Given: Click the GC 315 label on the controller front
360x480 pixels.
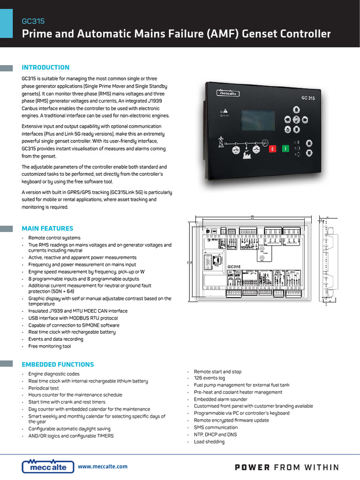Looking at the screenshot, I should [307, 98].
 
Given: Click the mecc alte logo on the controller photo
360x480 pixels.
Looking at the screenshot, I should [229, 93].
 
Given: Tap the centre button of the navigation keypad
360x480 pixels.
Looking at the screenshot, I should [296, 119].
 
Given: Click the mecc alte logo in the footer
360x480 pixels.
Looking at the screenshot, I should [48, 466].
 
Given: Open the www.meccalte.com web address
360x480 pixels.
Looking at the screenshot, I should [103, 466].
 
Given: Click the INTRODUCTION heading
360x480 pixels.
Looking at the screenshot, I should [45, 67].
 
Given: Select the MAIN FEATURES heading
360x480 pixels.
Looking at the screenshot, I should [47, 229].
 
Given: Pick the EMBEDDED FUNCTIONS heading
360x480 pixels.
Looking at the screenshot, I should [58, 365].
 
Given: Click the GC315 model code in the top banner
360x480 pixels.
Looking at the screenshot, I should [33, 21].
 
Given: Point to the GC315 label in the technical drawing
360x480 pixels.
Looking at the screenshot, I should [233, 267].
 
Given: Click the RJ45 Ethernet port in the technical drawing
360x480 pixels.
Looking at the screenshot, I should [216, 260].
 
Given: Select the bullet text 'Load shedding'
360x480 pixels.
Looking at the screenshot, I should [209, 442].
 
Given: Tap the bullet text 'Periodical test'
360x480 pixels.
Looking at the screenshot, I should [44, 388].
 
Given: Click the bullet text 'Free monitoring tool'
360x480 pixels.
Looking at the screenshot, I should [49, 346].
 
